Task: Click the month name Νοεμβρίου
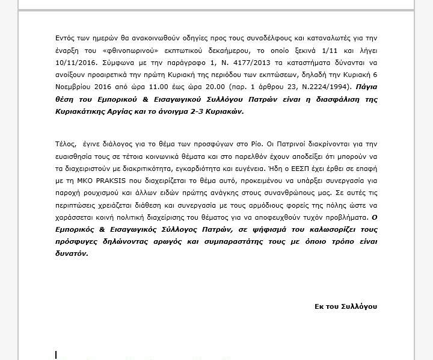point(74,87)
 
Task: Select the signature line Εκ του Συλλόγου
point(345,306)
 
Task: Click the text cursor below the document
point(56,355)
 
